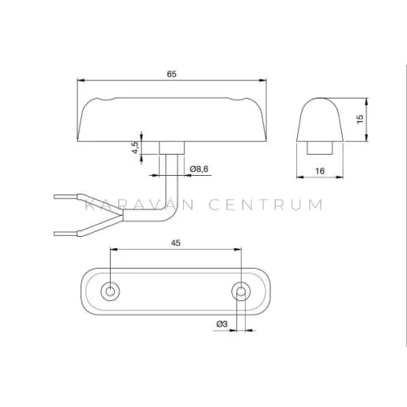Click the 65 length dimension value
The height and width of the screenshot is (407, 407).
click(x=172, y=74)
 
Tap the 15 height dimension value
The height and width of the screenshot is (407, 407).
click(x=360, y=119)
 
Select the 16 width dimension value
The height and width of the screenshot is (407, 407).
click(x=320, y=171)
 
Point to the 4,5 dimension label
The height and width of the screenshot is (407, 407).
click(x=135, y=147)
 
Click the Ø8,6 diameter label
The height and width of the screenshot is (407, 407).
click(x=199, y=169)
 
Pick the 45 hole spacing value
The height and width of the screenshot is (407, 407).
click(x=176, y=243)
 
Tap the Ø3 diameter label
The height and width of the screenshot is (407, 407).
click(x=222, y=324)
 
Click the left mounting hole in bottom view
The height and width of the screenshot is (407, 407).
click(x=110, y=291)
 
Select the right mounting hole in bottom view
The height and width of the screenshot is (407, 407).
click(x=241, y=291)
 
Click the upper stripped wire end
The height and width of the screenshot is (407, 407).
click(x=66, y=196)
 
